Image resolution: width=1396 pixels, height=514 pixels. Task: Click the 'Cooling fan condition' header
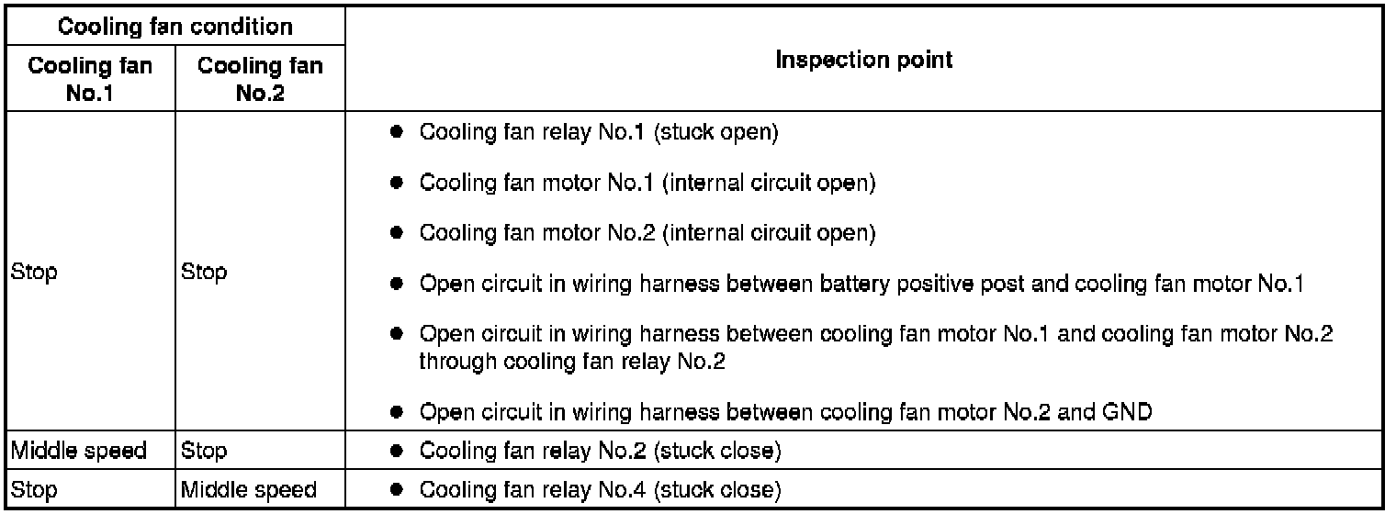click(x=174, y=27)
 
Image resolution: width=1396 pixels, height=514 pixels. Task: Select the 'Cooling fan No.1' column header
click(x=89, y=79)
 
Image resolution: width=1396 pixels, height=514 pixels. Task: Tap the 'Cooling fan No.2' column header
click(x=260, y=79)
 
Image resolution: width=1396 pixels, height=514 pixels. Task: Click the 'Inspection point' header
click(x=864, y=61)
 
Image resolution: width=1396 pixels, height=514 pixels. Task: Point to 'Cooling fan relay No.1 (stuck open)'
click(x=599, y=133)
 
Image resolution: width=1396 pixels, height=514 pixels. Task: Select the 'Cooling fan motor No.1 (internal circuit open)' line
click(x=647, y=183)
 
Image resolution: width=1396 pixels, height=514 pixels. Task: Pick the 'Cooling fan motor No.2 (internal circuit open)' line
click(x=647, y=233)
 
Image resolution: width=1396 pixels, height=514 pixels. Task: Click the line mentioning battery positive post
click(x=861, y=285)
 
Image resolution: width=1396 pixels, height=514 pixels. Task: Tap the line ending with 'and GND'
click(x=785, y=412)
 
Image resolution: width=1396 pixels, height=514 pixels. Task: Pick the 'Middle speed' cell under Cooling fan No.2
click(x=249, y=490)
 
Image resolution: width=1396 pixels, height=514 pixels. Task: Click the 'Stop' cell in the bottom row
click(x=34, y=490)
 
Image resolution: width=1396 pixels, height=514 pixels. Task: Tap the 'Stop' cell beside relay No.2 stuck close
click(x=205, y=451)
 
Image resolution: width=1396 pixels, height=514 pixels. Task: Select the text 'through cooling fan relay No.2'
click(x=572, y=362)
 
